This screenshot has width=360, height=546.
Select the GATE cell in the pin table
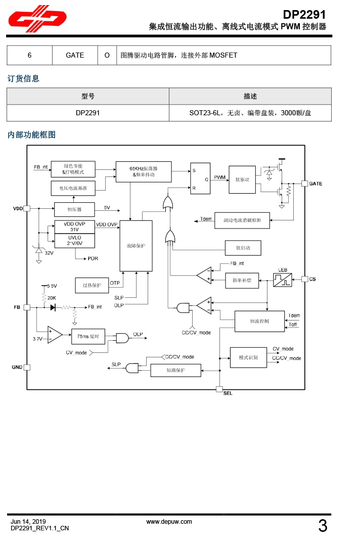(x=75, y=55)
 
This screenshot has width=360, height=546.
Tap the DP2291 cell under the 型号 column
(x=87, y=113)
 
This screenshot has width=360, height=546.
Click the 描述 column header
(x=250, y=96)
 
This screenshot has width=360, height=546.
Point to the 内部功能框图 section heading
(x=31, y=135)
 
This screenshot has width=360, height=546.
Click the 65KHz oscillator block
(x=144, y=172)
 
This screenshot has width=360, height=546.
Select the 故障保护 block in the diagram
(x=136, y=246)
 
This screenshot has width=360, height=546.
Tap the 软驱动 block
(x=239, y=179)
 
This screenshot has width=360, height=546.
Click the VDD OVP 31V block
(x=75, y=226)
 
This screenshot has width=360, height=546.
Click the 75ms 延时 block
(x=88, y=336)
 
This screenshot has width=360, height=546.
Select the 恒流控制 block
(x=259, y=321)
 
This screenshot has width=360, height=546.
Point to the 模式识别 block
(x=248, y=357)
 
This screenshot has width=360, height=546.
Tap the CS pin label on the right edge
(x=312, y=279)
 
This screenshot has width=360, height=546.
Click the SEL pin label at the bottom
(x=228, y=393)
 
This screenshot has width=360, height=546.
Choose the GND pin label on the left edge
(x=17, y=367)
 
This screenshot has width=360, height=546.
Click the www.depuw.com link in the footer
(x=169, y=522)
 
